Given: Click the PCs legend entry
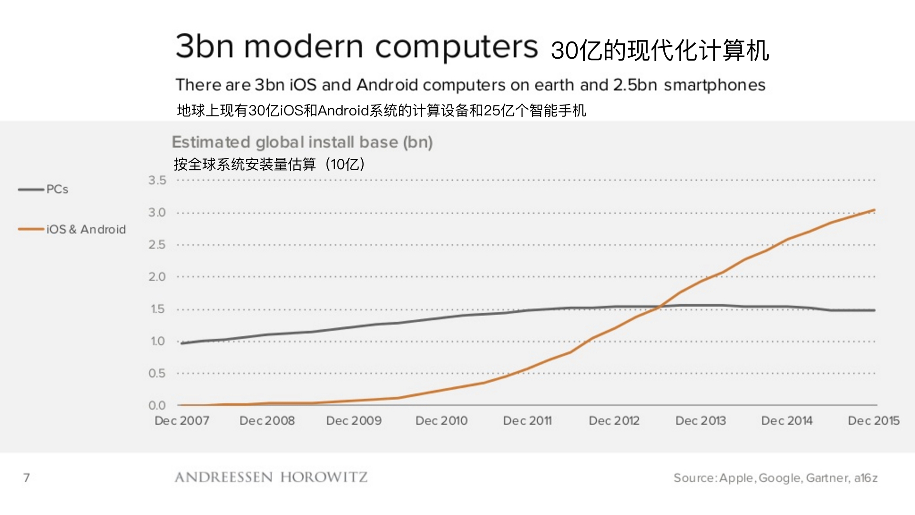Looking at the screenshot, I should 57,189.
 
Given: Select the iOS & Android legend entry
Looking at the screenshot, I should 86,229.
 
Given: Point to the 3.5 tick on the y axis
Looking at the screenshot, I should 157,180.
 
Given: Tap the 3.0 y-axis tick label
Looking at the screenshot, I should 157,213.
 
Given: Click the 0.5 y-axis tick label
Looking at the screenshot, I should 157,373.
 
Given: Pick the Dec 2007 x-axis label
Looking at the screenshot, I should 182,421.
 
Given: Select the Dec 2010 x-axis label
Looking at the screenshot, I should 441,421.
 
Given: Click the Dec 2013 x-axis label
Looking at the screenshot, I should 701,421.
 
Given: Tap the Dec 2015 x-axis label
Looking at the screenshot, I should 874,421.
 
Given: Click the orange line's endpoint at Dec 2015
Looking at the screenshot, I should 874,210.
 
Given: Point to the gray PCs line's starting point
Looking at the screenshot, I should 182,343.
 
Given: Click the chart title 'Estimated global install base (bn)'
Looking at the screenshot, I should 302,142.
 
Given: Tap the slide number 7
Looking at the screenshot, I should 27,477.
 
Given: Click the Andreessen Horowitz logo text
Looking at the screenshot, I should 271,477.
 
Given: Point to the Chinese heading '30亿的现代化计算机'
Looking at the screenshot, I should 660,50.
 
